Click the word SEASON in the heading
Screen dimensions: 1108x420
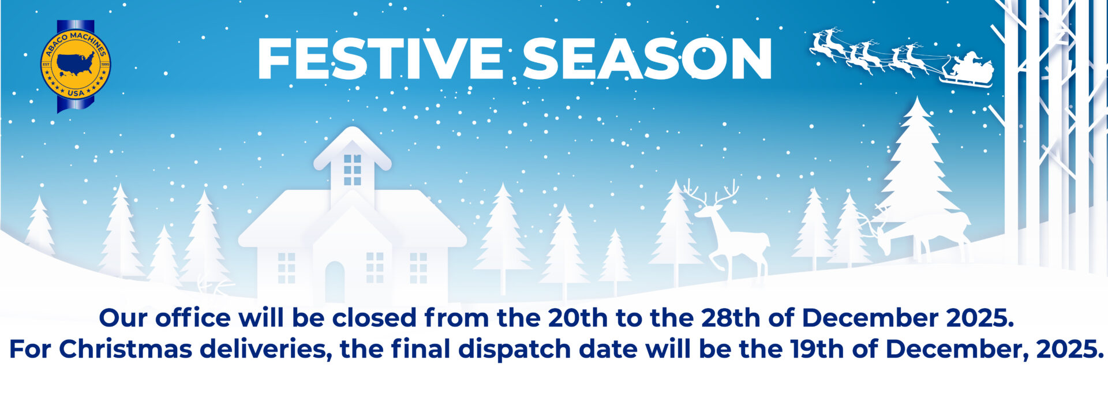click(x=647, y=59)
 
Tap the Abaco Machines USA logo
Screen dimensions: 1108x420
click(x=76, y=66)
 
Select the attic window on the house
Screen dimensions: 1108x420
click(x=352, y=170)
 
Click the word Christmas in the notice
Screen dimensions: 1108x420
click(x=126, y=349)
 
